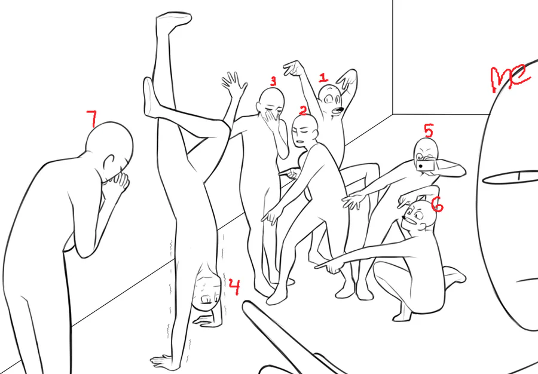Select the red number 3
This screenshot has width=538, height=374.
point(273,81)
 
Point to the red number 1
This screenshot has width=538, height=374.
point(323,78)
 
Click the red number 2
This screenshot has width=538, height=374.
point(302,110)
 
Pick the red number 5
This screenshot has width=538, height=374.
point(429,130)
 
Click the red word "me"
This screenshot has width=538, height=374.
point(511,78)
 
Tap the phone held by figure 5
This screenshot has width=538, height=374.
point(426,165)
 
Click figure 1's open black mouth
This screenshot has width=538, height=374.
point(339,110)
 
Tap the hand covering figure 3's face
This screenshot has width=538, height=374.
point(271,119)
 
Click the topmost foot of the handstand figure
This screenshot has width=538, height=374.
point(174,20)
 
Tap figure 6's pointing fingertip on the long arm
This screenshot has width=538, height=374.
point(317,265)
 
